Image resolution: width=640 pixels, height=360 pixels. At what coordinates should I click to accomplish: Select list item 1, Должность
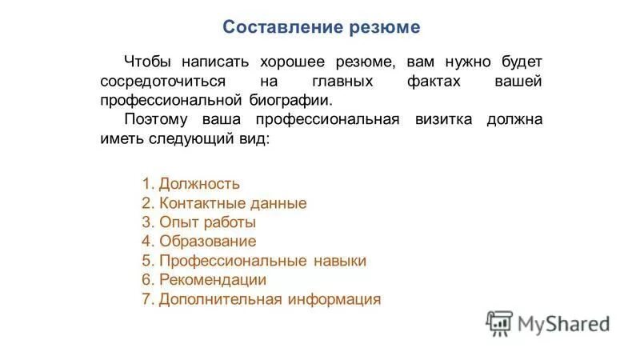coord(191,184)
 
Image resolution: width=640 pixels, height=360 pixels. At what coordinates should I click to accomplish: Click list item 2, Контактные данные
coord(224,203)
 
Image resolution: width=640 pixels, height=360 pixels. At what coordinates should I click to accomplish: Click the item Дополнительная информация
coord(261,300)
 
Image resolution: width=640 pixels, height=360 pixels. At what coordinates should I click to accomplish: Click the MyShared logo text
coord(563,323)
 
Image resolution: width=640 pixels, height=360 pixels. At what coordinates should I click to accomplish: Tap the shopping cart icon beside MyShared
coord(499,322)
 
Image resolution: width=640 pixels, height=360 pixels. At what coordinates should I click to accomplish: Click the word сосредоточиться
coord(164,82)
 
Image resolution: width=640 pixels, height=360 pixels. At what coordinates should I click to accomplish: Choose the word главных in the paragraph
coord(342,82)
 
